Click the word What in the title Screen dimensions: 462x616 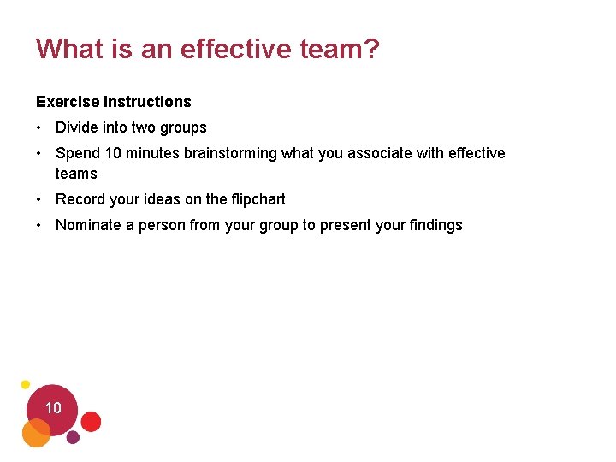click(x=70, y=49)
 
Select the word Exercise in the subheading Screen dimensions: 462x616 click(x=68, y=102)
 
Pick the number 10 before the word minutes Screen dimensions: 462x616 click(x=114, y=153)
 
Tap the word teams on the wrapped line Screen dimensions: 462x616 click(x=76, y=174)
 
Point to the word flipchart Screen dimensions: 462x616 click(x=259, y=199)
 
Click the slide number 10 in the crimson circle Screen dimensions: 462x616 click(x=53, y=408)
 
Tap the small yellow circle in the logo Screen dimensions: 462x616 click(x=26, y=385)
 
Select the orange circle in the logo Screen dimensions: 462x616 click(x=36, y=434)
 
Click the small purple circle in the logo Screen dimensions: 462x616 click(x=73, y=437)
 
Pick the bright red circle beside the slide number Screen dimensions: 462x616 click(x=91, y=421)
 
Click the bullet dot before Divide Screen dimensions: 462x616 click(x=40, y=128)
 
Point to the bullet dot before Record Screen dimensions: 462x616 click(x=40, y=200)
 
